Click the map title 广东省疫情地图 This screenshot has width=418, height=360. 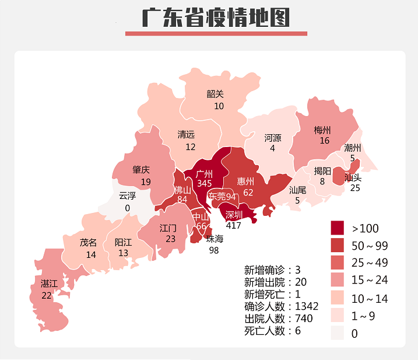tap(216, 18)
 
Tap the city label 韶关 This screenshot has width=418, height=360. tap(215, 93)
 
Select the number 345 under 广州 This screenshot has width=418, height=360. tap(204, 183)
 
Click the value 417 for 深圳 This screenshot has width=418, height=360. tap(233, 225)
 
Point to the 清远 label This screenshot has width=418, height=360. tap(187, 135)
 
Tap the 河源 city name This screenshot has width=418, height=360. tap(272, 138)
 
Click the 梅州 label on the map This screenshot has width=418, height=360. tap(322, 130)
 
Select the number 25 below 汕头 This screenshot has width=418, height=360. tap(354, 188)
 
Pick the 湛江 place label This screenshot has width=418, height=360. tap(49, 284)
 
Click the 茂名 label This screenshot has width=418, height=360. tap(89, 243)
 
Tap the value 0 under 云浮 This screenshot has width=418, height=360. tap(127, 208)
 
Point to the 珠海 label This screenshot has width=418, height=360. tap(215, 239)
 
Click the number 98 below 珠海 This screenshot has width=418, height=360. tap(215, 250)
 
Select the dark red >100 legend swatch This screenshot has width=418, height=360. tap(339, 228)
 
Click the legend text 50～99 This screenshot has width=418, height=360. tap(370, 245)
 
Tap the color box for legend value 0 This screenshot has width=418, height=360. tap(339, 333)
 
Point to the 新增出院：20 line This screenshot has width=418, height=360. tap(275, 282)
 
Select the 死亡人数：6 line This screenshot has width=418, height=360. tap(272, 331)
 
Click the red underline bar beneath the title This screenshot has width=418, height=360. tap(216, 33)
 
